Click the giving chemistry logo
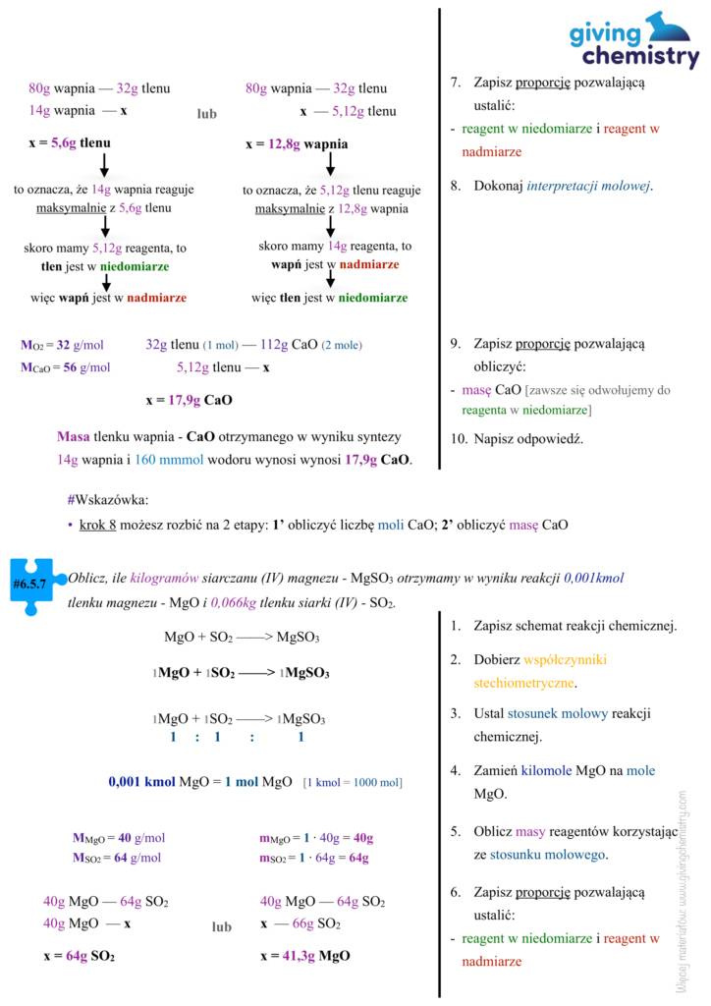click(x=633, y=41)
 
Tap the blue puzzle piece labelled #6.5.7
click(x=34, y=586)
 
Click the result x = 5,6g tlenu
click(x=69, y=143)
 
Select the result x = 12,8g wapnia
click(x=297, y=144)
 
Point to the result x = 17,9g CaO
click(x=189, y=400)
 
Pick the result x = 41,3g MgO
click(x=305, y=955)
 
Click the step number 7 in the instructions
click(x=456, y=83)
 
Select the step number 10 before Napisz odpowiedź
click(x=458, y=438)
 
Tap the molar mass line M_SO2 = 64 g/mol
click(x=117, y=858)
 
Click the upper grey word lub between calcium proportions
click(x=206, y=114)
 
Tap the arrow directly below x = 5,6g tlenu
click(x=105, y=164)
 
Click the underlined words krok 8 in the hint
click(x=98, y=525)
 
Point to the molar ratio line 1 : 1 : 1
click(x=237, y=737)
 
